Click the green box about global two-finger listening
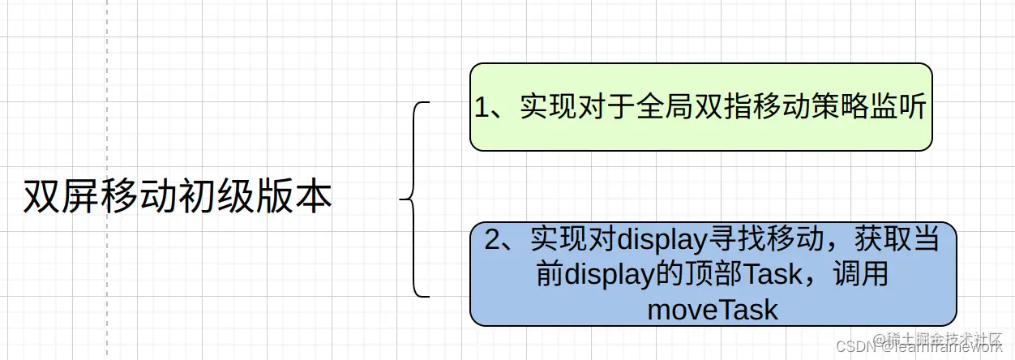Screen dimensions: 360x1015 point(700,107)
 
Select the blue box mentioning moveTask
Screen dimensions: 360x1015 point(713,274)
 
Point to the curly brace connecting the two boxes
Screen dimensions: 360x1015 point(414,199)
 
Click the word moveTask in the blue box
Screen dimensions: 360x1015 point(713,309)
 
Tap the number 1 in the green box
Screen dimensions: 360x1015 point(483,108)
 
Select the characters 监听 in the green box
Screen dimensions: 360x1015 point(905,108)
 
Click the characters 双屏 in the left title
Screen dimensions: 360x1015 point(54,197)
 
